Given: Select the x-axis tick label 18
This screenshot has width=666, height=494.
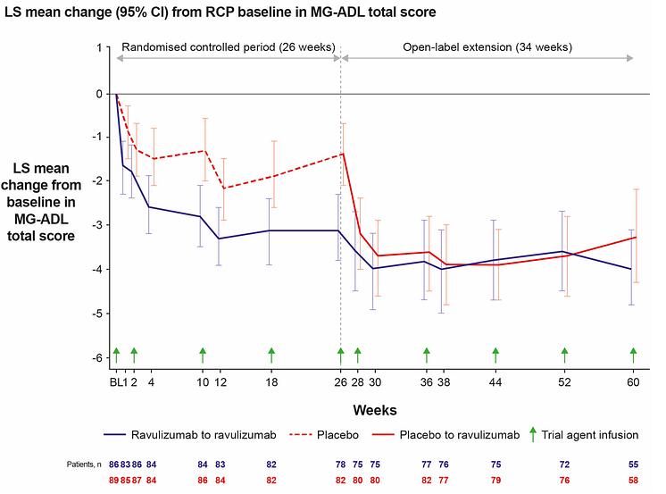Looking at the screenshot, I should click(x=271, y=382).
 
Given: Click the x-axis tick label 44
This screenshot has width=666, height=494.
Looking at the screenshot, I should click(x=495, y=382).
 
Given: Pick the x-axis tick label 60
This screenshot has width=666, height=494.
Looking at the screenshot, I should click(x=633, y=382).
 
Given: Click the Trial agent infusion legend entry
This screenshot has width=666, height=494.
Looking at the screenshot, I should click(x=588, y=435).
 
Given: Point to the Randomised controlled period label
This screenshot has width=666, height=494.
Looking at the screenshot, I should click(x=228, y=46).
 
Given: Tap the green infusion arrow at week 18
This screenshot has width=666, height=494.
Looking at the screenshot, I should click(x=271, y=355).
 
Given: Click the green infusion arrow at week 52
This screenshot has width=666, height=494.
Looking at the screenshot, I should click(x=564, y=355).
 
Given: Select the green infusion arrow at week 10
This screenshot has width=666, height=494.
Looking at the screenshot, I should click(x=203, y=355).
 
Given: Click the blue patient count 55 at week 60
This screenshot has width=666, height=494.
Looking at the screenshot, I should click(x=633, y=465).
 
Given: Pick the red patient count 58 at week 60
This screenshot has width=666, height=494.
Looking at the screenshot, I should click(x=633, y=480).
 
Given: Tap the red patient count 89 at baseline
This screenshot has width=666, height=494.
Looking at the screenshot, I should click(x=114, y=480).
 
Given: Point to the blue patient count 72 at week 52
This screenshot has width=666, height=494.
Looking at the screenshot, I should click(x=564, y=465).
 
